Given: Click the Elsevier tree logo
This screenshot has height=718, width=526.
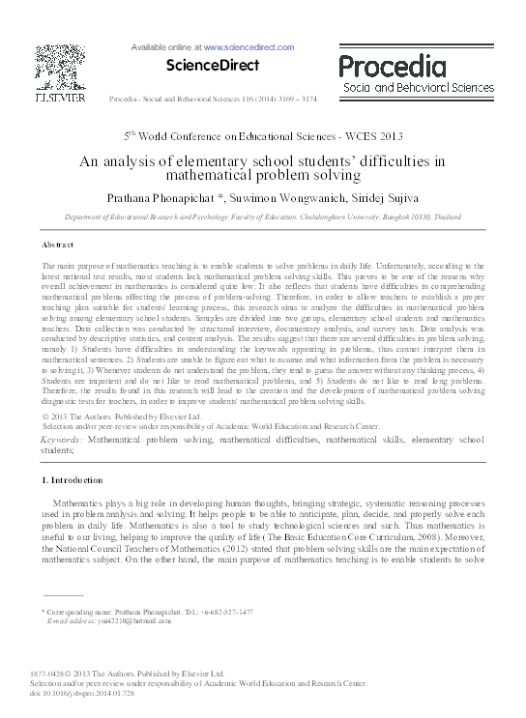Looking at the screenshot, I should [60, 66].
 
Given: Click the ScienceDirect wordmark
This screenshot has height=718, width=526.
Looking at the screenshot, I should [199, 66].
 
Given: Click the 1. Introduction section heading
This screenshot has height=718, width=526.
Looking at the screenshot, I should [76, 480].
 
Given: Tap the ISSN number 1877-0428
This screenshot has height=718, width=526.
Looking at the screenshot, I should [52, 674].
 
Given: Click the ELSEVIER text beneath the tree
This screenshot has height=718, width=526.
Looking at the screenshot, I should [60, 98].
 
